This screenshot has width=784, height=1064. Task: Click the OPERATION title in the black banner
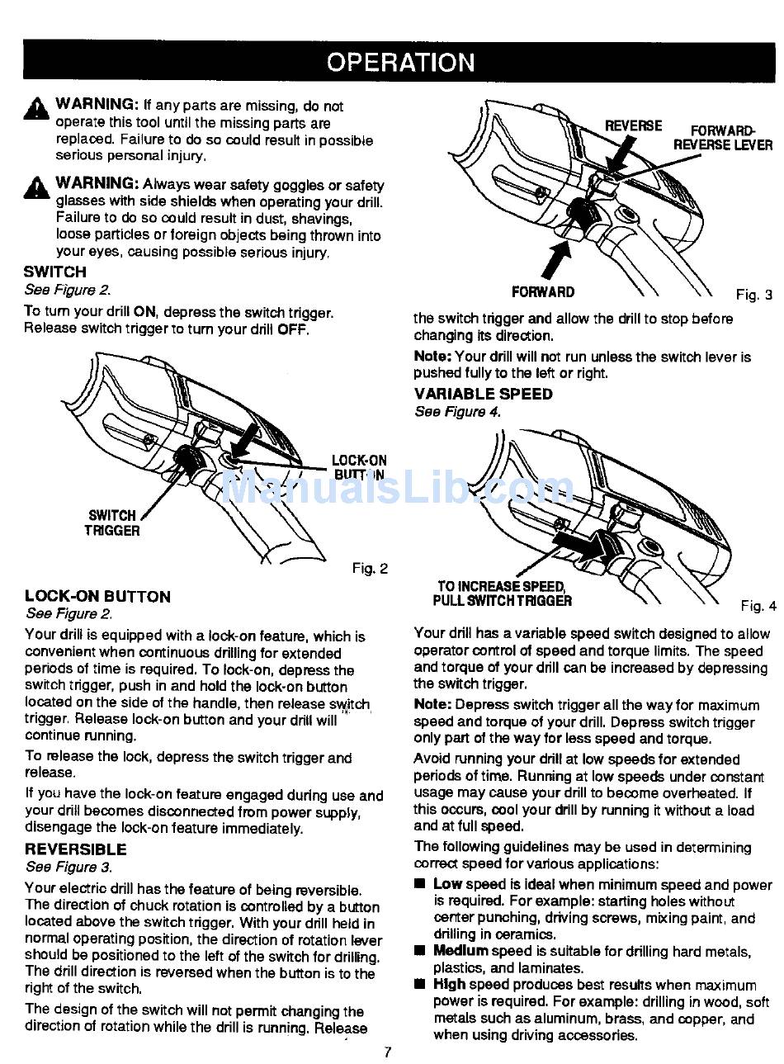[x=401, y=63]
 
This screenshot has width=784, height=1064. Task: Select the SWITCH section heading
[x=54, y=272]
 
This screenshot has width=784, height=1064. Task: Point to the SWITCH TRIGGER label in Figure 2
[x=112, y=523]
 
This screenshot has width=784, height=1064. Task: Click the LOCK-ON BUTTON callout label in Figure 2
[x=359, y=467]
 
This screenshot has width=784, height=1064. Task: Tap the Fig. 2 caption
[x=370, y=568]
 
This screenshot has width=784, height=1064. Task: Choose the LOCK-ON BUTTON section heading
[x=97, y=596]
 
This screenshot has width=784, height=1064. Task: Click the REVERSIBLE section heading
[x=76, y=849]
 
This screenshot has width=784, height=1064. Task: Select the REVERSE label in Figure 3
[x=633, y=125]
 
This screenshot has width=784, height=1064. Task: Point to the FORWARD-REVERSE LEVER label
[x=723, y=138]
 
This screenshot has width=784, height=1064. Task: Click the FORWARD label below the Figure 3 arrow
[x=543, y=292]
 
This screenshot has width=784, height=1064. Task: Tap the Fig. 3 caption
[x=753, y=295]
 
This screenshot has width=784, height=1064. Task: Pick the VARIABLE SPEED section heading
[x=484, y=394]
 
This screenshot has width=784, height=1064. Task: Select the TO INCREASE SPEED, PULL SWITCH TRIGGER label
[x=502, y=593]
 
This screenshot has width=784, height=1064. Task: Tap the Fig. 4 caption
[x=758, y=606]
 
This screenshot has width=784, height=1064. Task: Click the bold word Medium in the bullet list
[x=460, y=952]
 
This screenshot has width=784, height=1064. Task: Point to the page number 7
[x=388, y=1052]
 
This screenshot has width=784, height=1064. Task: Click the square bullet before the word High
[x=420, y=985]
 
